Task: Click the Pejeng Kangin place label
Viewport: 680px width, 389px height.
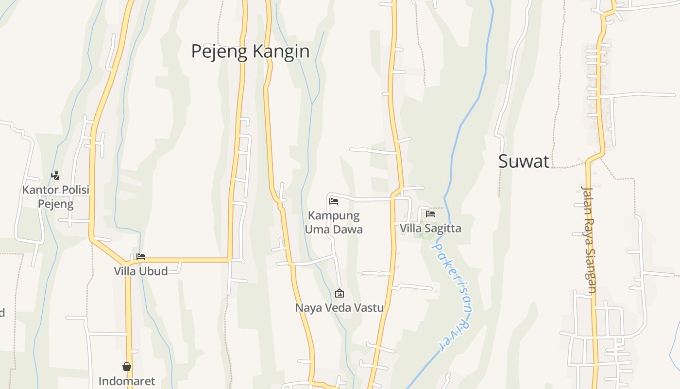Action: pyautogui.click(x=250, y=51)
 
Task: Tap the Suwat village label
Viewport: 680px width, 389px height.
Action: pyautogui.click(x=524, y=161)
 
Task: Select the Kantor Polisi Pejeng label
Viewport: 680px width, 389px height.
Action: pyautogui.click(x=56, y=196)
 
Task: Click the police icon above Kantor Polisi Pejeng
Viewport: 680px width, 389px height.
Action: pyautogui.click(x=55, y=176)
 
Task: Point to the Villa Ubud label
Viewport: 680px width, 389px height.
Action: pyautogui.click(x=141, y=271)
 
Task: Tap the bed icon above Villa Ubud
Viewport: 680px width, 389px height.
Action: pyautogui.click(x=141, y=257)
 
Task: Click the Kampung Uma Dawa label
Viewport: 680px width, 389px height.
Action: pyautogui.click(x=334, y=222)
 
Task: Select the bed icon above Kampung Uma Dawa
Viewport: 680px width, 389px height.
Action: pyautogui.click(x=334, y=201)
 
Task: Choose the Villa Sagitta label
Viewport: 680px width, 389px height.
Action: pyautogui.click(x=430, y=228)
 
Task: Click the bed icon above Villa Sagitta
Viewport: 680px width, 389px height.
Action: pyautogui.click(x=430, y=213)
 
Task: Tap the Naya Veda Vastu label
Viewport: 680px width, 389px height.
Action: pyautogui.click(x=340, y=308)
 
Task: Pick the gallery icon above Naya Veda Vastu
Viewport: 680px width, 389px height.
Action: pyautogui.click(x=340, y=293)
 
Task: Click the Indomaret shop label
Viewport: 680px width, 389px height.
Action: pyautogui.click(x=127, y=381)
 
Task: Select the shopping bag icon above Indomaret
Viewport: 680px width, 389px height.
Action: pyautogui.click(x=127, y=367)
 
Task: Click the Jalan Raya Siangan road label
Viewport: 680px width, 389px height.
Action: pyautogui.click(x=589, y=239)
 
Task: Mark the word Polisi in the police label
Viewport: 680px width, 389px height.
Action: pyautogui.click(x=74, y=190)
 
